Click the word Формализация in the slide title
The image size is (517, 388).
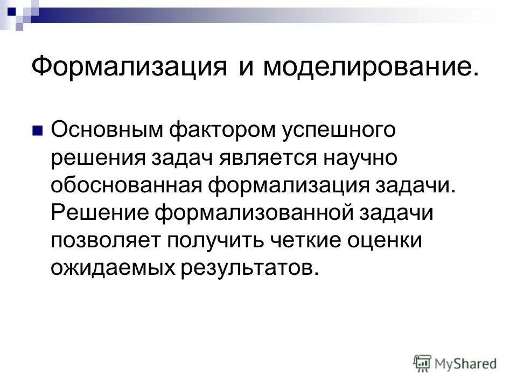pyautogui.click(x=128, y=68)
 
